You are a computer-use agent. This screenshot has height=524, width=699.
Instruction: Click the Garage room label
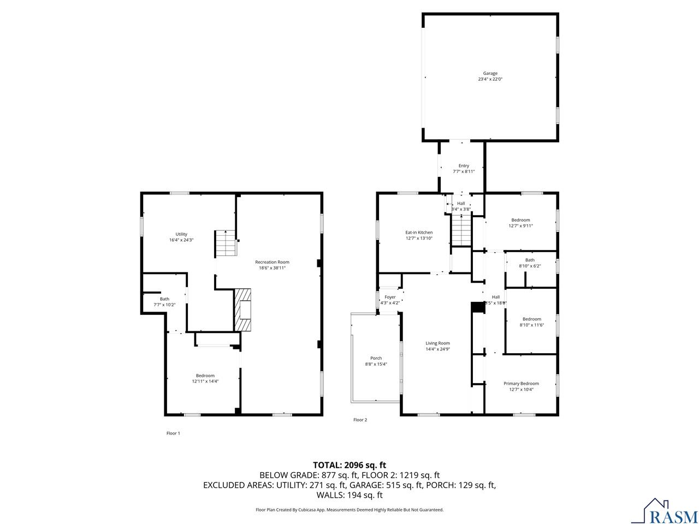point(490,73)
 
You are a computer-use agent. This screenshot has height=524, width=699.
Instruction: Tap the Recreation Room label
point(272,262)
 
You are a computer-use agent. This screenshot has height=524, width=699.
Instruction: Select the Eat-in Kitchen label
point(419,233)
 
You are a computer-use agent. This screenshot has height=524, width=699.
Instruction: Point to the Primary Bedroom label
point(521,384)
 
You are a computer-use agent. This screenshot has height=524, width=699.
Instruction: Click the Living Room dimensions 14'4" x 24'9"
point(437,349)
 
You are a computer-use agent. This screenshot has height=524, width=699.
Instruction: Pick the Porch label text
point(376,358)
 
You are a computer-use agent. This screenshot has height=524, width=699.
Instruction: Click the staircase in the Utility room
point(225,243)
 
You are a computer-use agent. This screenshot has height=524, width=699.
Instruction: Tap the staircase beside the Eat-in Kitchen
point(461,230)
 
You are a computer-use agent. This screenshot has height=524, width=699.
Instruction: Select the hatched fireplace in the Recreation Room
point(244,309)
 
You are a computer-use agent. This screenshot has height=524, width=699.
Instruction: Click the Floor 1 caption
point(173,433)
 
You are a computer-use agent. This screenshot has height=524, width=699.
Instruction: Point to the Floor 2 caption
point(360,420)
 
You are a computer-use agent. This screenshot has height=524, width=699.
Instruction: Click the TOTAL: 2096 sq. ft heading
point(349,465)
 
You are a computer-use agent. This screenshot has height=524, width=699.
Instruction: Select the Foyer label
point(390,297)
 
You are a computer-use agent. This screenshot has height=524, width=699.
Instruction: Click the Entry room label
point(464,166)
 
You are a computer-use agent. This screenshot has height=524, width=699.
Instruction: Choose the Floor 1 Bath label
point(164,299)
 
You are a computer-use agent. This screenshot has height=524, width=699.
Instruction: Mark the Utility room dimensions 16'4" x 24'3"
point(181,240)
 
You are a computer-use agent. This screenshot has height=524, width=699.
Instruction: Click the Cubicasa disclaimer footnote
point(349,510)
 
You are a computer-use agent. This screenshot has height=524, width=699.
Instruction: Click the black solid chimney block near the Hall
point(478,308)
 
